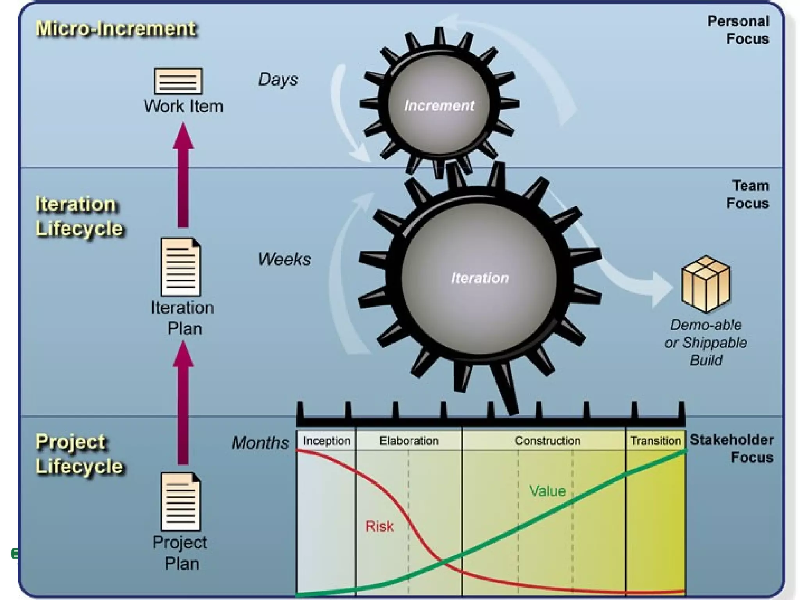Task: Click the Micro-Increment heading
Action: point(116,29)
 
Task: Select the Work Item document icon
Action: point(178,81)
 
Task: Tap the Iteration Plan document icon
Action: point(181,267)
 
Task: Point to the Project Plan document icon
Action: point(181,502)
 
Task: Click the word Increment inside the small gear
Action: point(439,105)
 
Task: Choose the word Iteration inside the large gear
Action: point(480,278)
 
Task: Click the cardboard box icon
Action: point(705,284)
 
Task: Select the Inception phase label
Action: point(327,441)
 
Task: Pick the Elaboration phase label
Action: point(409,441)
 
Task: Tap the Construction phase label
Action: point(547,441)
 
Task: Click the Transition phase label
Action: point(655,441)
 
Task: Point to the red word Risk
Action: point(379,526)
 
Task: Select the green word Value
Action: point(547,491)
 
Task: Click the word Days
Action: point(278,79)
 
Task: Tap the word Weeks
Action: point(284,259)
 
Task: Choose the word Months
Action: point(260,443)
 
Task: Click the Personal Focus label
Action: point(738,30)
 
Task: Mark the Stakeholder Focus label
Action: point(732,448)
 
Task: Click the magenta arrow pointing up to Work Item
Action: point(183,176)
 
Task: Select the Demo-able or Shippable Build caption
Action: point(705,343)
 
